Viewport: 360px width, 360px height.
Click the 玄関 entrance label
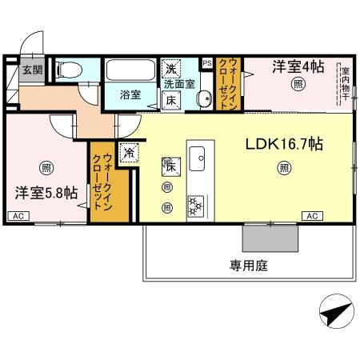32,70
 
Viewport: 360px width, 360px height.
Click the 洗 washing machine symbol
171,68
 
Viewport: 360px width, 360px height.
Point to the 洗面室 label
180,82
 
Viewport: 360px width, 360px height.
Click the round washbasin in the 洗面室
202,100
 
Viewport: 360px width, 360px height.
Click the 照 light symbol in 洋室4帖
298,85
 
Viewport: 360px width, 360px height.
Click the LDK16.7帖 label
283,145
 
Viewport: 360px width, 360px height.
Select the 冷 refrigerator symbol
128,150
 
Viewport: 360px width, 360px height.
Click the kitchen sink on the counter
198,154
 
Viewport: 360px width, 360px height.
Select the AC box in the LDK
312,216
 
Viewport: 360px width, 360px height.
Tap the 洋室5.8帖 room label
46,192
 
